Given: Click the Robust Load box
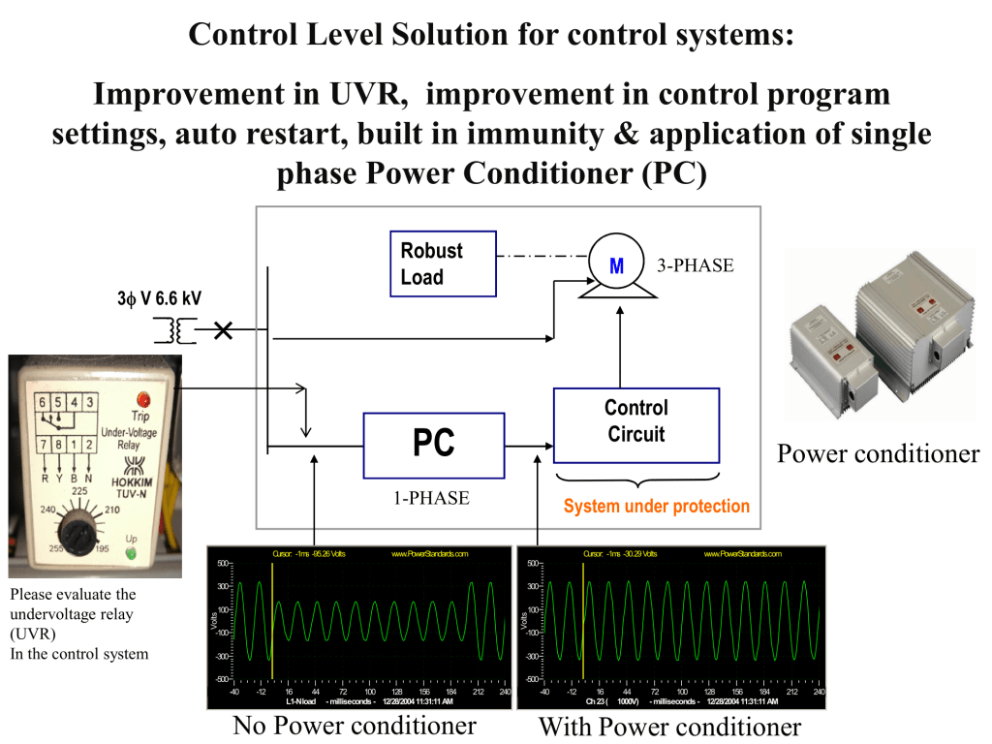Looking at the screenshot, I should click(x=443, y=263).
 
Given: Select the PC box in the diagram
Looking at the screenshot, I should click(x=434, y=445).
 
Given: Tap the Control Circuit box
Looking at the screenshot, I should click(x=636, y=425).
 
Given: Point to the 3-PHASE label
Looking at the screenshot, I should click(x=696, y=264).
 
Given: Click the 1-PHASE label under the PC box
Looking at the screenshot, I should click(x=431, y=498).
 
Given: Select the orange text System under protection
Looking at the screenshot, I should click(x=656, y=507).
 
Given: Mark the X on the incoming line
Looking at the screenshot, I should click(x=224, y=331).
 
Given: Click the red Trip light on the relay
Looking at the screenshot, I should click(x=146, y=398).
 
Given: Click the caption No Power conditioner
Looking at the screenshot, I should click(x=355, y=726).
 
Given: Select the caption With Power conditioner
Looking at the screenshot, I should click(x=669, y=727).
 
